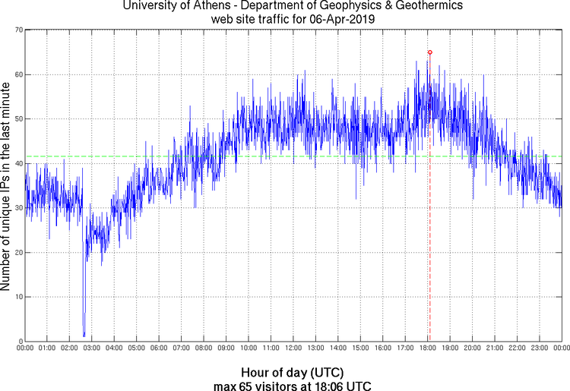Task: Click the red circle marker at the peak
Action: point(430,52)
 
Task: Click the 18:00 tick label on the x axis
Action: point(427,348)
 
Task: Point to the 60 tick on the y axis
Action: point(17,74)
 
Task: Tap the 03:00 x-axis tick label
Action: point(91,348)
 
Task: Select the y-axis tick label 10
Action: point(17,297)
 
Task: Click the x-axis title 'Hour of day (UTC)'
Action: point(292,372)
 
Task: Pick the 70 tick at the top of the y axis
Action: point(17,30)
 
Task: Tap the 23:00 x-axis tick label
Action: point(539,348)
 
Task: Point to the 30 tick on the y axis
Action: point(17,208)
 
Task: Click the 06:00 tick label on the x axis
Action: point(159,348)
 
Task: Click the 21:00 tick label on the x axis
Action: point(494,348)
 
